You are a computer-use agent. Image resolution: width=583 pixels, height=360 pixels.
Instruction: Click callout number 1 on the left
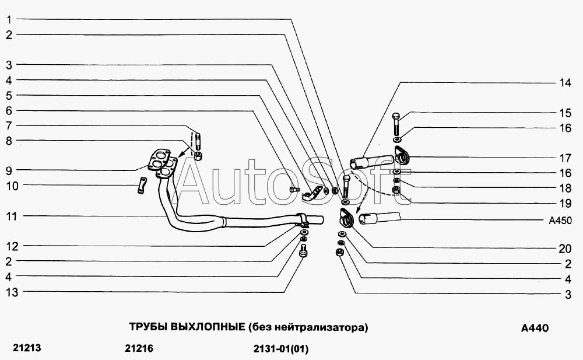click(x=9, y=19)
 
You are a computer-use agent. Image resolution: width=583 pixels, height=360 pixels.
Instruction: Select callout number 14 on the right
click(x=565, y=83)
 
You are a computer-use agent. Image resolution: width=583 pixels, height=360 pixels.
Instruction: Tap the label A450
click(x=560, y=221)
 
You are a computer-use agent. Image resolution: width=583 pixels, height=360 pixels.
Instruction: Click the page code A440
click(x=535, y=328)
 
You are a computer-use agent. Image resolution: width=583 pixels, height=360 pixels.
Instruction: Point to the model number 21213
click(x=27, y=348)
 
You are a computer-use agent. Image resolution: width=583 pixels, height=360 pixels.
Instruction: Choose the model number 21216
click(x=139, y=348)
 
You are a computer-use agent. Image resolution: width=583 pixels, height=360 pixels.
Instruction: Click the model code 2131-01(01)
click(x=281, y=349)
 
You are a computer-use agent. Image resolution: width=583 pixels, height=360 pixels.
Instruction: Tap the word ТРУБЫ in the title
click(x=148, y=327)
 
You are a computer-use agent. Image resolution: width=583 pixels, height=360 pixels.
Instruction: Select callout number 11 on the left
click(x=12, y=216)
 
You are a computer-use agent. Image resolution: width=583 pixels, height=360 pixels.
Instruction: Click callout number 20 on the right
click(x=565, y=249)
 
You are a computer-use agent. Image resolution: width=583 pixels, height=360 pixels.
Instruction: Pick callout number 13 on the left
click(x=12, y=292)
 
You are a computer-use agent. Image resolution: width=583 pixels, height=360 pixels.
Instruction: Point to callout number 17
click(x=565, y=158)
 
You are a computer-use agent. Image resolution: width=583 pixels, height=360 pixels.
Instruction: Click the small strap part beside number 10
click(x=141, y=186)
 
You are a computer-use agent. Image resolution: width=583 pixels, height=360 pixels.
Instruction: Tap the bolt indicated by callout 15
click(x=395, y=124)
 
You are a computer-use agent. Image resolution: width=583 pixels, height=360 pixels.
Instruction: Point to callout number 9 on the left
click(x=9, y=170)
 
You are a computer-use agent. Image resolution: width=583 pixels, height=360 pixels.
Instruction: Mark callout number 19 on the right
click(x=565, y=203)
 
